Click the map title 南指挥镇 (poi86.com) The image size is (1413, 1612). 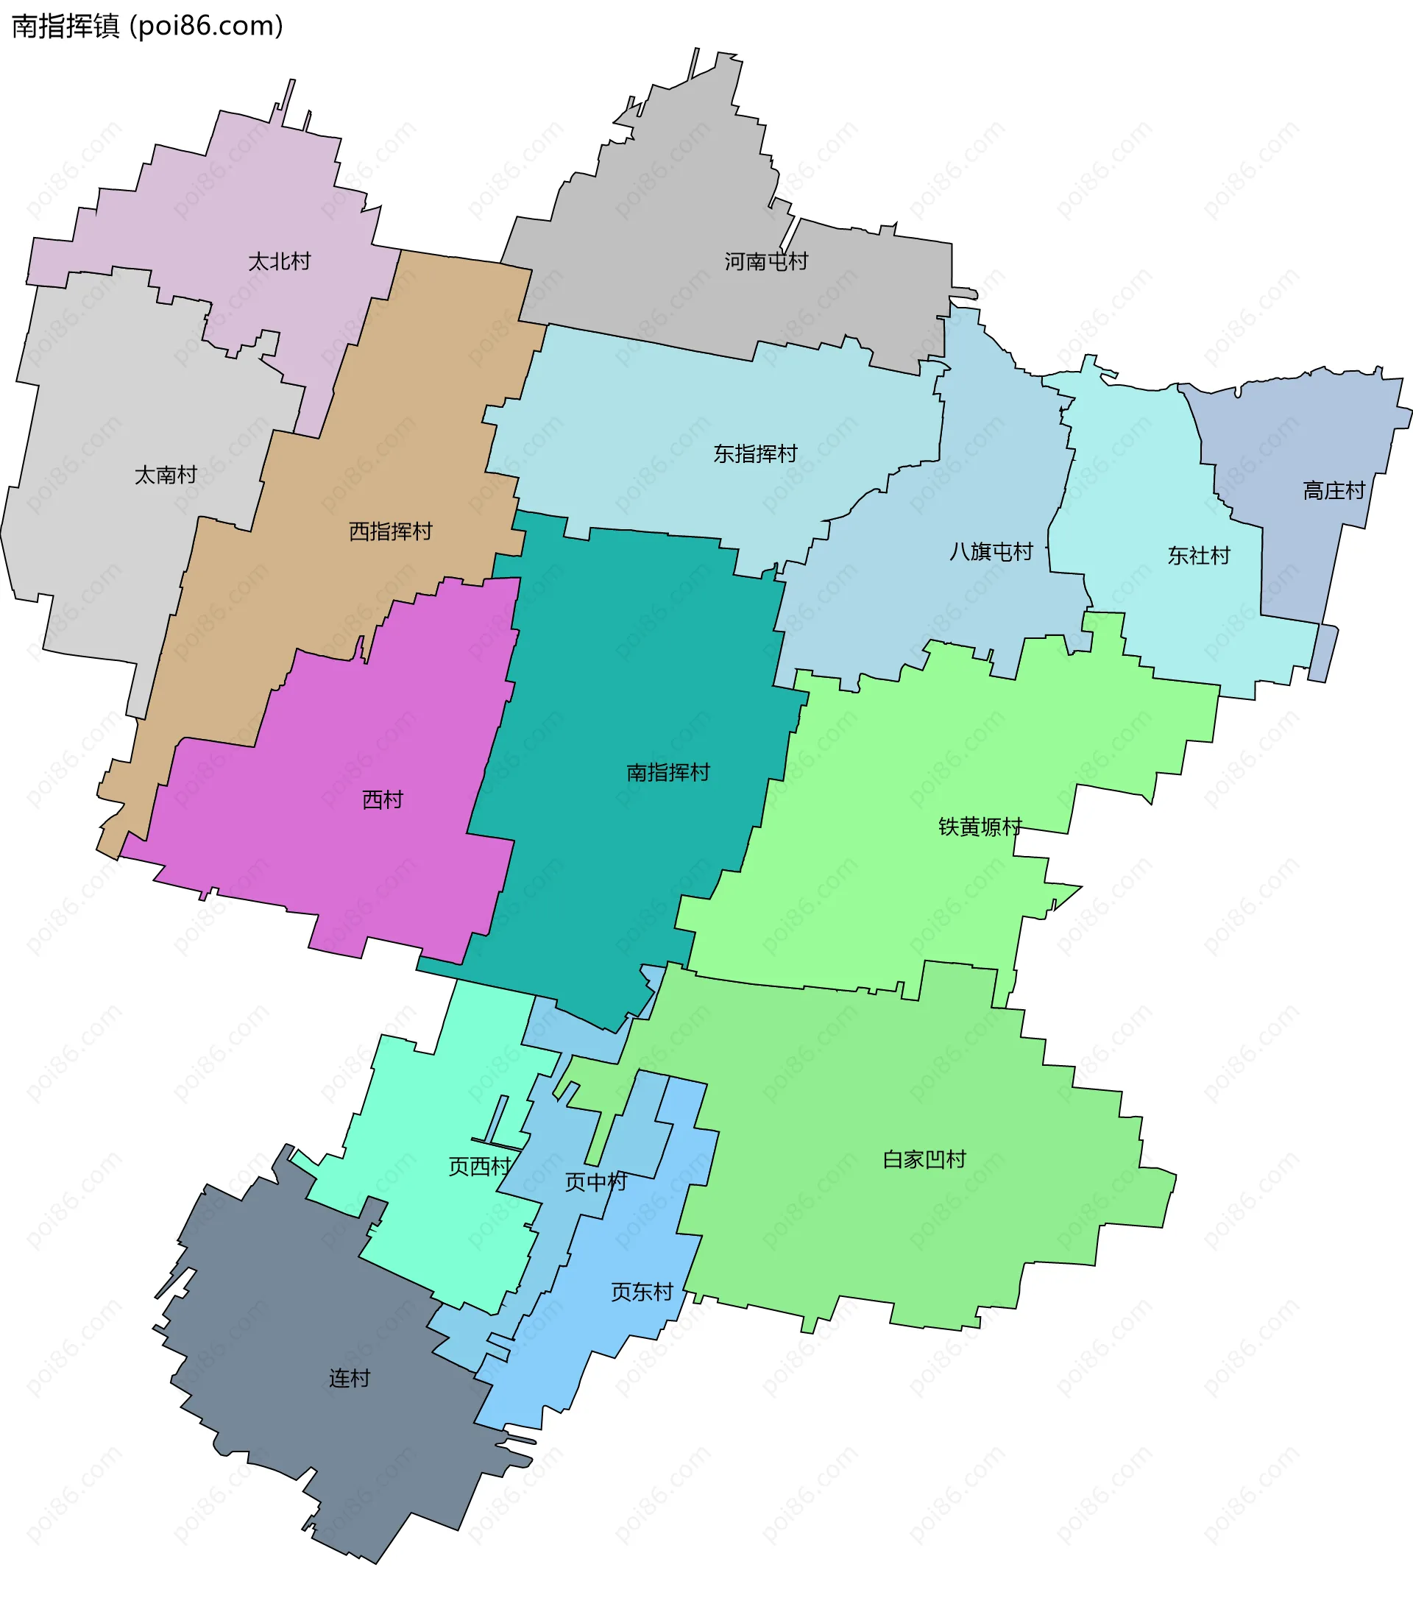147,26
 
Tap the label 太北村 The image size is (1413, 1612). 279,261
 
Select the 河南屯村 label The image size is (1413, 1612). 766,261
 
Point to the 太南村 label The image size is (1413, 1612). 166,475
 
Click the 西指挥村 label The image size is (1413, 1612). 390,531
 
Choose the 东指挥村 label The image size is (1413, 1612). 755,453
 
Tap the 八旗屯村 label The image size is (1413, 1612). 991,551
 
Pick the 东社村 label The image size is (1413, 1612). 1199,556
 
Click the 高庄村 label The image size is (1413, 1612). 1334,490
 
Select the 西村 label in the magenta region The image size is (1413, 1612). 383,799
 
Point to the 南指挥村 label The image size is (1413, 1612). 668,772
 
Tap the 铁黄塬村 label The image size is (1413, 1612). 980,827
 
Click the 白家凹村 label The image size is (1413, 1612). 924,1159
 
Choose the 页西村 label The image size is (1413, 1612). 479,1167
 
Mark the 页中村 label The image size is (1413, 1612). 595,1181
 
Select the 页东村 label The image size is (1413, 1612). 642,1292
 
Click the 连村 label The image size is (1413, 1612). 350,1378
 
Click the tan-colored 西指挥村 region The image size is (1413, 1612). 426,395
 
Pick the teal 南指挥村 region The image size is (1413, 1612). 631,671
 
